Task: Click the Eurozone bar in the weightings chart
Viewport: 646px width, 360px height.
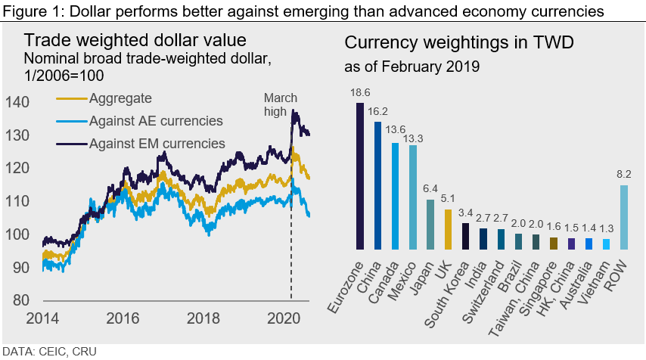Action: tap(359, 175)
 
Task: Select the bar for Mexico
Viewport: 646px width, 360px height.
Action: tap(412, 197)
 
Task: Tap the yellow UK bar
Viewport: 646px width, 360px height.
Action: tap(448, 229)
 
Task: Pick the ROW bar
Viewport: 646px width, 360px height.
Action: tap(624, 217)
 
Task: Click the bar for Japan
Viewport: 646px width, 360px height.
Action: tap(430, 224)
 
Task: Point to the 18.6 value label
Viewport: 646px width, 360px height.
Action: tap(359, 91)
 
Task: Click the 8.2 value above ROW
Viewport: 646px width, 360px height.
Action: tap(624, 174)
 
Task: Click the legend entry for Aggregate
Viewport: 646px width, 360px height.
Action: tap(120, 98)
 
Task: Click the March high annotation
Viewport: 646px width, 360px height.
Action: tap(280, 105)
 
